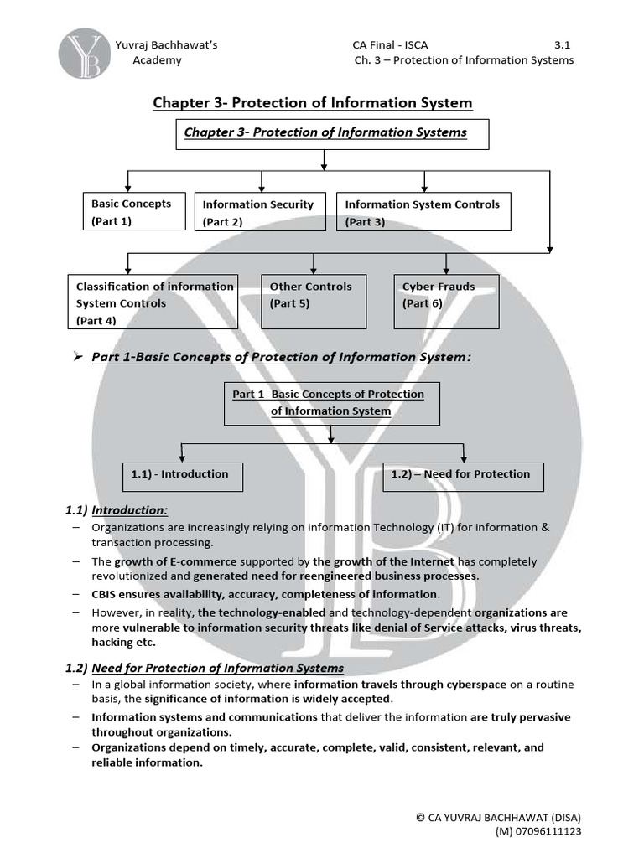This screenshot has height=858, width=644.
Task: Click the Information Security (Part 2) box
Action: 262,212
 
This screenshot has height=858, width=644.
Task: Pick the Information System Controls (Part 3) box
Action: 423,211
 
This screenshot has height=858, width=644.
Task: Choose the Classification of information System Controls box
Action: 153,302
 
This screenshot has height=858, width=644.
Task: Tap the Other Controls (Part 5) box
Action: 314,301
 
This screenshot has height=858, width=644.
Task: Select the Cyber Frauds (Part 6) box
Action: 447,301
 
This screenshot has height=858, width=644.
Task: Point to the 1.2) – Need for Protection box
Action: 463,475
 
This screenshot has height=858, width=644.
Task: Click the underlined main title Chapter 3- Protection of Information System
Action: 312,103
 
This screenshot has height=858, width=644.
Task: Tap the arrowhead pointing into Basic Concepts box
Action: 127,187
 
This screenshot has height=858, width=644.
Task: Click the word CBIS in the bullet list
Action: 106,594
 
